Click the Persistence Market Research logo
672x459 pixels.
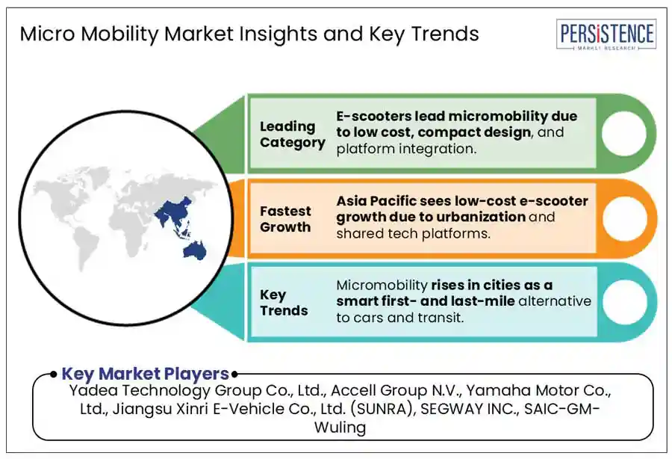pyautogui.click(x=606, y=34)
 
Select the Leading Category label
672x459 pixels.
pyautogui.click(x=292, y=135)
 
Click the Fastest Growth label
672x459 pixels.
pyautogui.click(x=285, y=219)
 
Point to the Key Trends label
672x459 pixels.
pyautogui.click(x=284, y=303)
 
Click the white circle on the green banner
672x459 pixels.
pyautogui.click(x=623, y=133)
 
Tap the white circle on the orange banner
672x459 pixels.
pyautogui.click(x=624, y=218)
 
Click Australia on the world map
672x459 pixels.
pyautogui.click(x=195, y=250)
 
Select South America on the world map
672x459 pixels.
pyautogui.click(x=84, y=248)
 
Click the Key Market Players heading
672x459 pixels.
pyautogui.click(x=146, y=374)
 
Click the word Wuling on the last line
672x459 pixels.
pyautogui.click(x=340, y=428)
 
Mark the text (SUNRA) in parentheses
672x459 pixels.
pyautogui.click(x=383, y=409)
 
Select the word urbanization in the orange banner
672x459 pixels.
pyautogui.click(x=483, y=217)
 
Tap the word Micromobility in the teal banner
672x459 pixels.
pyautogui.click(x=382, y=286)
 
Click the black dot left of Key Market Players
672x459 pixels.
pyautogui.click(x=53, y=375)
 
